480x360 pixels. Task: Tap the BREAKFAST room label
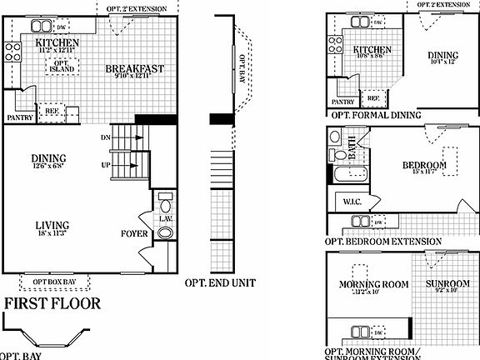point(134,68)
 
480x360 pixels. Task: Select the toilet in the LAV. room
point(164,205)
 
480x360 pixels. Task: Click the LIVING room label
point(52,225)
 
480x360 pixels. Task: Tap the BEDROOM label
point(425,166)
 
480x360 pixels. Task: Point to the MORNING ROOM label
point(373,284)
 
